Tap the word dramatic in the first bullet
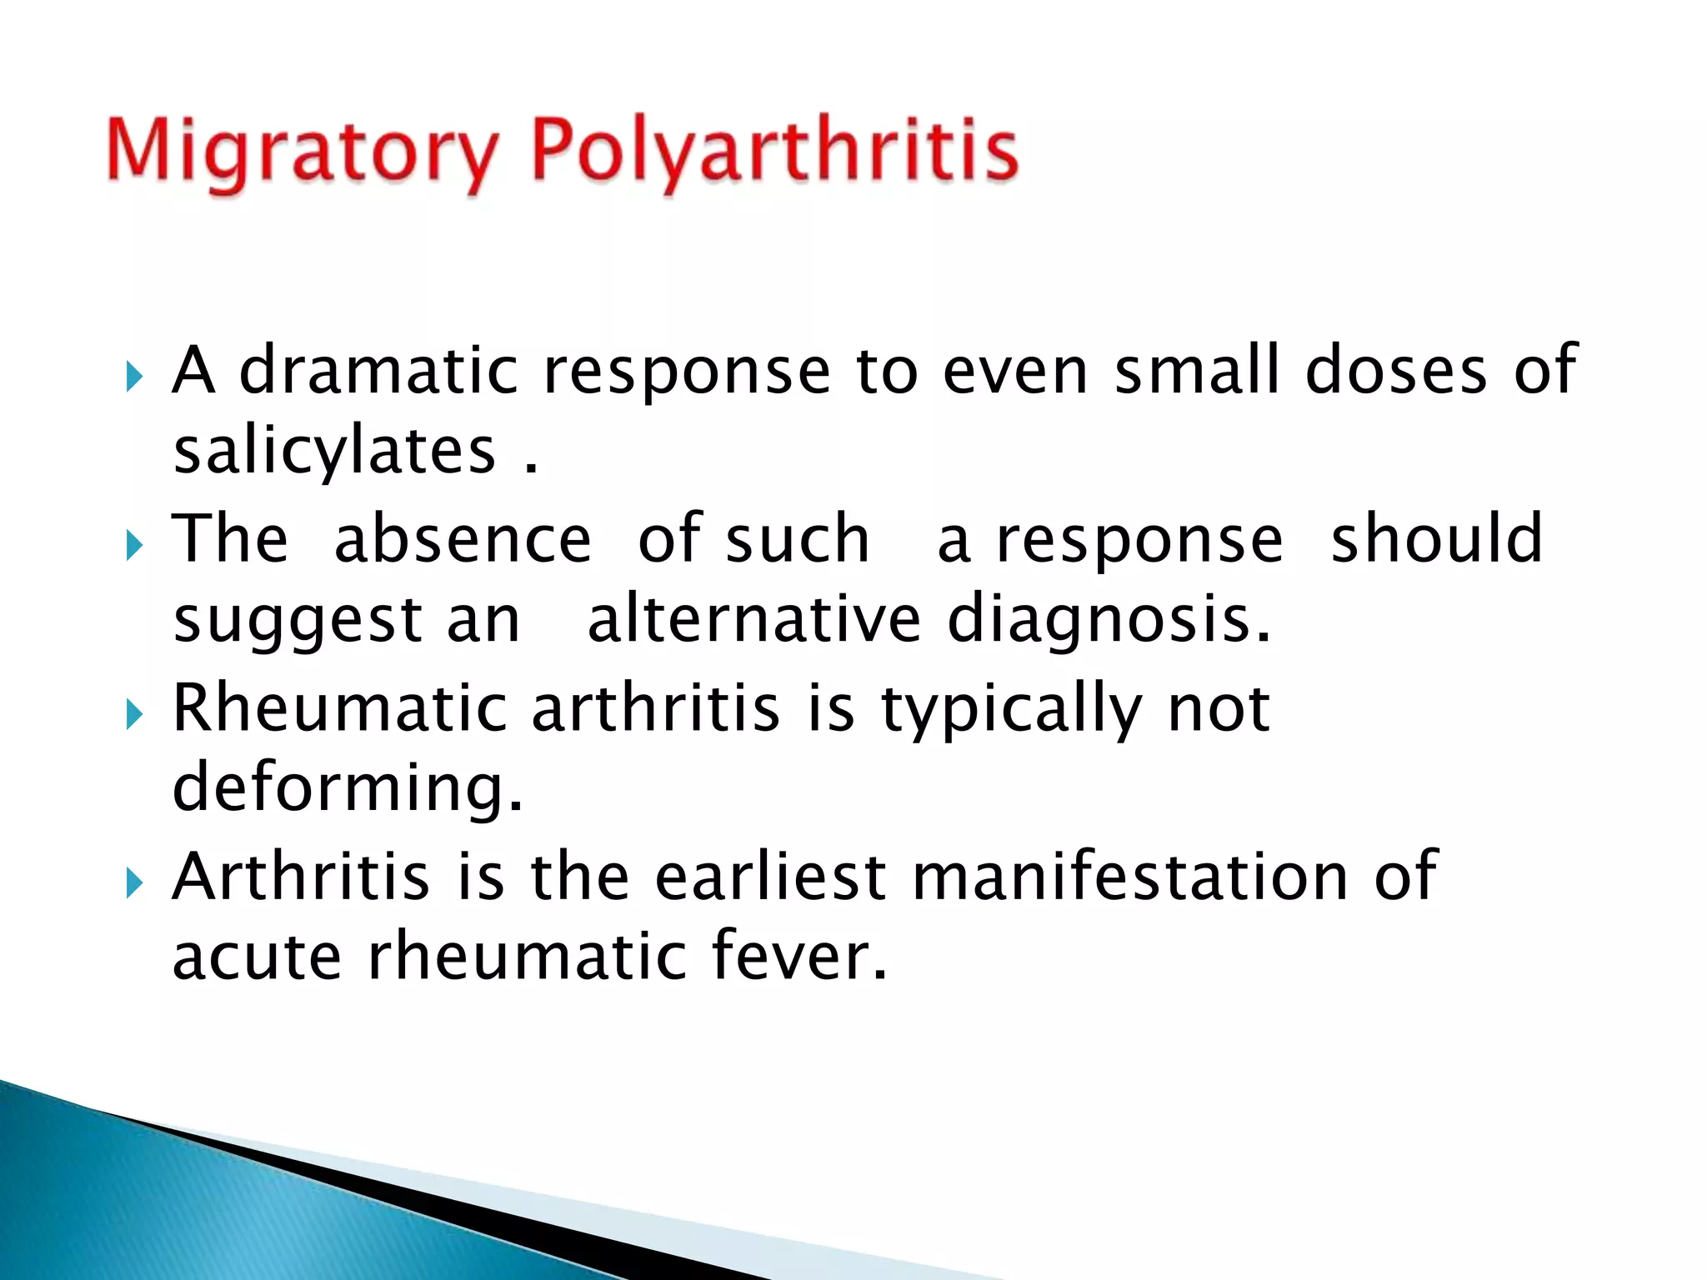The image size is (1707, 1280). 379,370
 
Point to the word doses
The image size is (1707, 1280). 1396,370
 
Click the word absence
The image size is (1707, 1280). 463,539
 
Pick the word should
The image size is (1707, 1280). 1436,539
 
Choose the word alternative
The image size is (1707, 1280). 753,620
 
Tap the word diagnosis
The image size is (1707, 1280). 1109,622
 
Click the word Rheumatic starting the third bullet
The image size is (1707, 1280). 339,708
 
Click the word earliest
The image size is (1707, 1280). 769,877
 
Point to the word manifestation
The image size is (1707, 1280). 1130,877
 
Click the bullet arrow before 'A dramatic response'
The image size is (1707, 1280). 135,377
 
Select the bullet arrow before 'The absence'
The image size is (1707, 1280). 135,547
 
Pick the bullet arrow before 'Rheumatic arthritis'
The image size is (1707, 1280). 135,716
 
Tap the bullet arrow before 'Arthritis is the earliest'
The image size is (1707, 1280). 135,884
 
